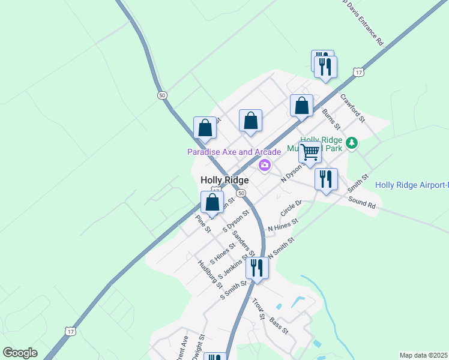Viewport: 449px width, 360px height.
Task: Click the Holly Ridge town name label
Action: click(x=224, y=180)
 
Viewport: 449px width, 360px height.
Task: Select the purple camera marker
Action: click(x=264, y=166)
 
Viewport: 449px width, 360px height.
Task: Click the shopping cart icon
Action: click(x=310, y=152)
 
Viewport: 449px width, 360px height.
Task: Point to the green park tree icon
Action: click(x=352, y=143)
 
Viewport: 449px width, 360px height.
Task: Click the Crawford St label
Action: click(x=353, y=108)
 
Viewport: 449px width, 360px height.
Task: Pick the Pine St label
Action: click(x=203, y=226)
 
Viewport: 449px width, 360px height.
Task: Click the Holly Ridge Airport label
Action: click(x=411, y=185)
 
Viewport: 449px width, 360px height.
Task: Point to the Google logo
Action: click(x=20, y=353)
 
